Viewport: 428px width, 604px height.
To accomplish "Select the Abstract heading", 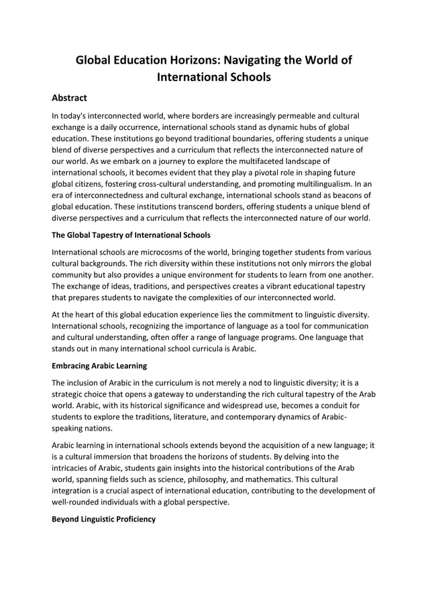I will point(70,98).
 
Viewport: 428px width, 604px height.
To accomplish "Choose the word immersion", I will point(109,457).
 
